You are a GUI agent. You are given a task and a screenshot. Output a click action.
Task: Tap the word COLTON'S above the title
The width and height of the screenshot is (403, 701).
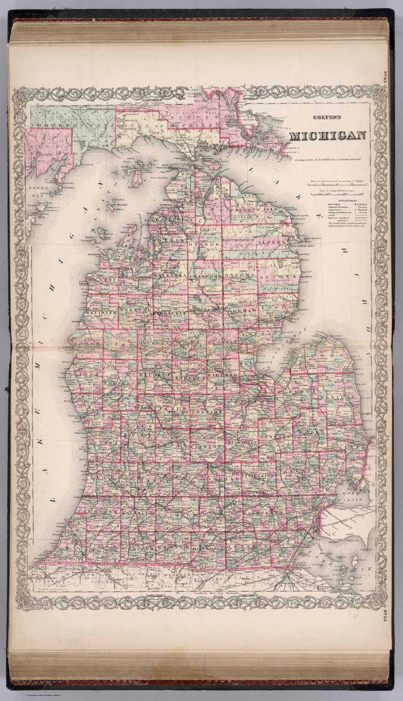point(327,117)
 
